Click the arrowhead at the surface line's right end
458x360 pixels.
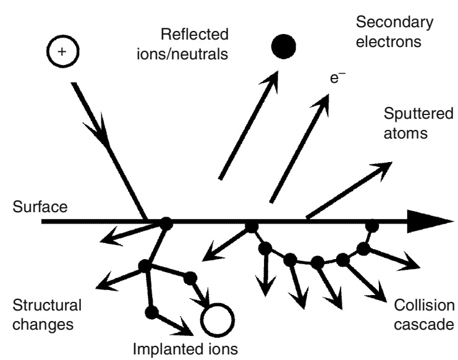436,221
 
